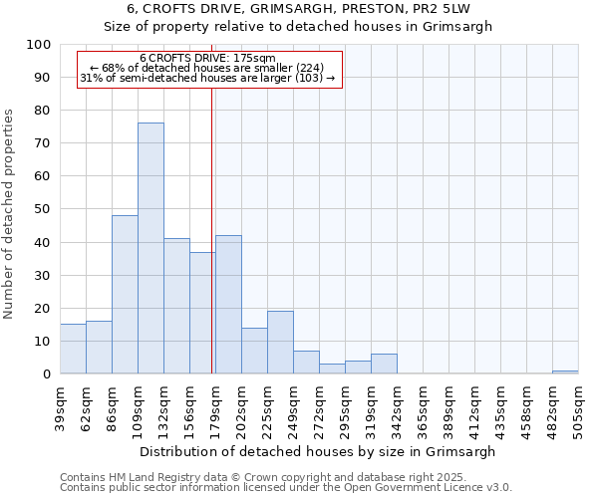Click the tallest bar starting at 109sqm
tap(150, 249)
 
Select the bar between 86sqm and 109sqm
tap(125, 295)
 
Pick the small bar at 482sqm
tap(565, 372)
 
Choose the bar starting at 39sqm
tap(73, 349)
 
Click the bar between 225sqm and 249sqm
tap(280, 343)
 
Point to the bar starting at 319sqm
tap(384, 364)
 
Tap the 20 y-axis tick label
tap(43, 308)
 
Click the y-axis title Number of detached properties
tap(9, 215)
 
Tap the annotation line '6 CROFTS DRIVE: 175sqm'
tap(207, 59)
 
